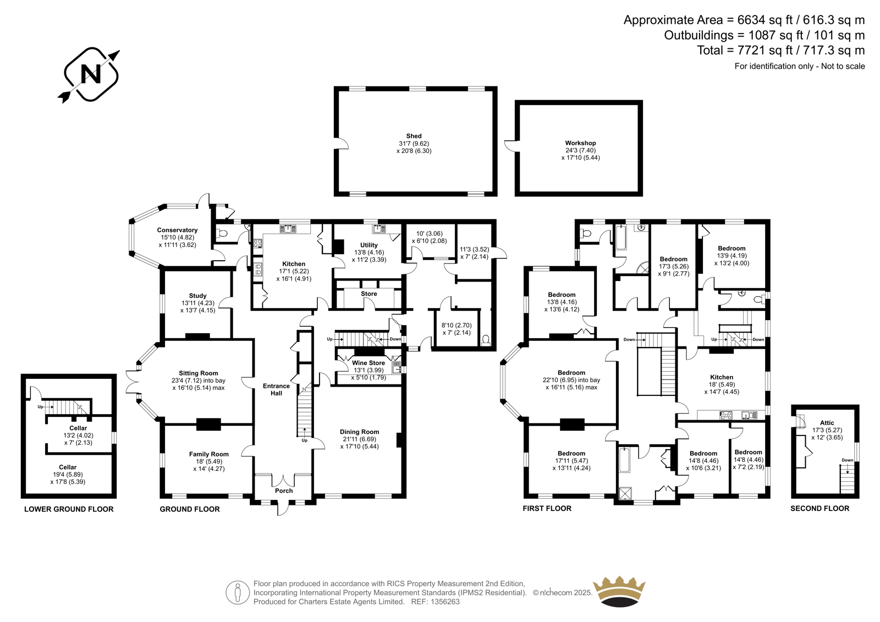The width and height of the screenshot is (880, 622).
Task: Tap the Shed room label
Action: [414, 136]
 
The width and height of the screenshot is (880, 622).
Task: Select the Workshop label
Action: [580, 143]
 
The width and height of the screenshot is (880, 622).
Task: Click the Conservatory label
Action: [177, 230]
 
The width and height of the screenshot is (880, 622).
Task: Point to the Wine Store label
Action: [369, 363]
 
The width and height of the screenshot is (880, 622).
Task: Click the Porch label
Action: [284, 491]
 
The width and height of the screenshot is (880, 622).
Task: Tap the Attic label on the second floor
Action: [827, 423]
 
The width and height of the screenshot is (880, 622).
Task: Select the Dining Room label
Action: [360, 432]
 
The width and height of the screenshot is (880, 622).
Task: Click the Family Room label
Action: [208, 454]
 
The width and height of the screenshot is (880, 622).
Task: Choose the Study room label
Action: [197, 296]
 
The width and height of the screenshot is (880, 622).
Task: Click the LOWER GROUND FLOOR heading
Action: [69, 509]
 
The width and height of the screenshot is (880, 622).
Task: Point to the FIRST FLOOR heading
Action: [547, 509]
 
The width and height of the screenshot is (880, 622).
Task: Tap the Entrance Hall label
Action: [276, 390]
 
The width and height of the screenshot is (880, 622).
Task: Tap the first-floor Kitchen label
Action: [721, 377]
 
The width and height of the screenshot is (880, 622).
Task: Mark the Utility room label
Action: [369, 245]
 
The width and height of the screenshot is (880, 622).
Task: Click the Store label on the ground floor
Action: [369, 294]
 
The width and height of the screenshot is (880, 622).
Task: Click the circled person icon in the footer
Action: [238, 593]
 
